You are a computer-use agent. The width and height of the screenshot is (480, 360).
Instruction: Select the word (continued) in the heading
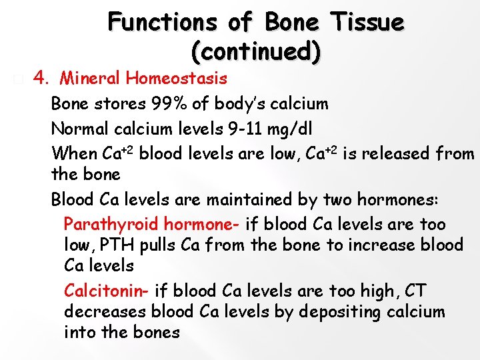[255, 51]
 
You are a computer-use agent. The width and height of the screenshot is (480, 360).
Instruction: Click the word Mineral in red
[90, 79]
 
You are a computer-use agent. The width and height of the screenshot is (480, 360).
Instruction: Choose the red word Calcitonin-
[108, 291]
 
